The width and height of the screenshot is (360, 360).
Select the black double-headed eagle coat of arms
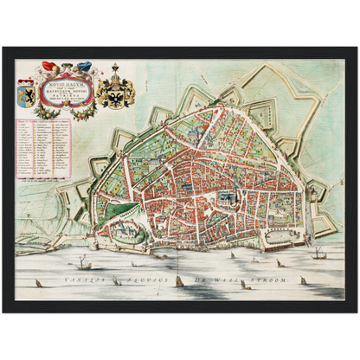click(115, 90)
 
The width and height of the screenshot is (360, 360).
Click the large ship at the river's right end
click(318, 253)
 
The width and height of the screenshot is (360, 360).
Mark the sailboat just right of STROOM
click(302, 280)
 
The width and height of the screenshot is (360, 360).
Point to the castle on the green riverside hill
click(127, 230)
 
